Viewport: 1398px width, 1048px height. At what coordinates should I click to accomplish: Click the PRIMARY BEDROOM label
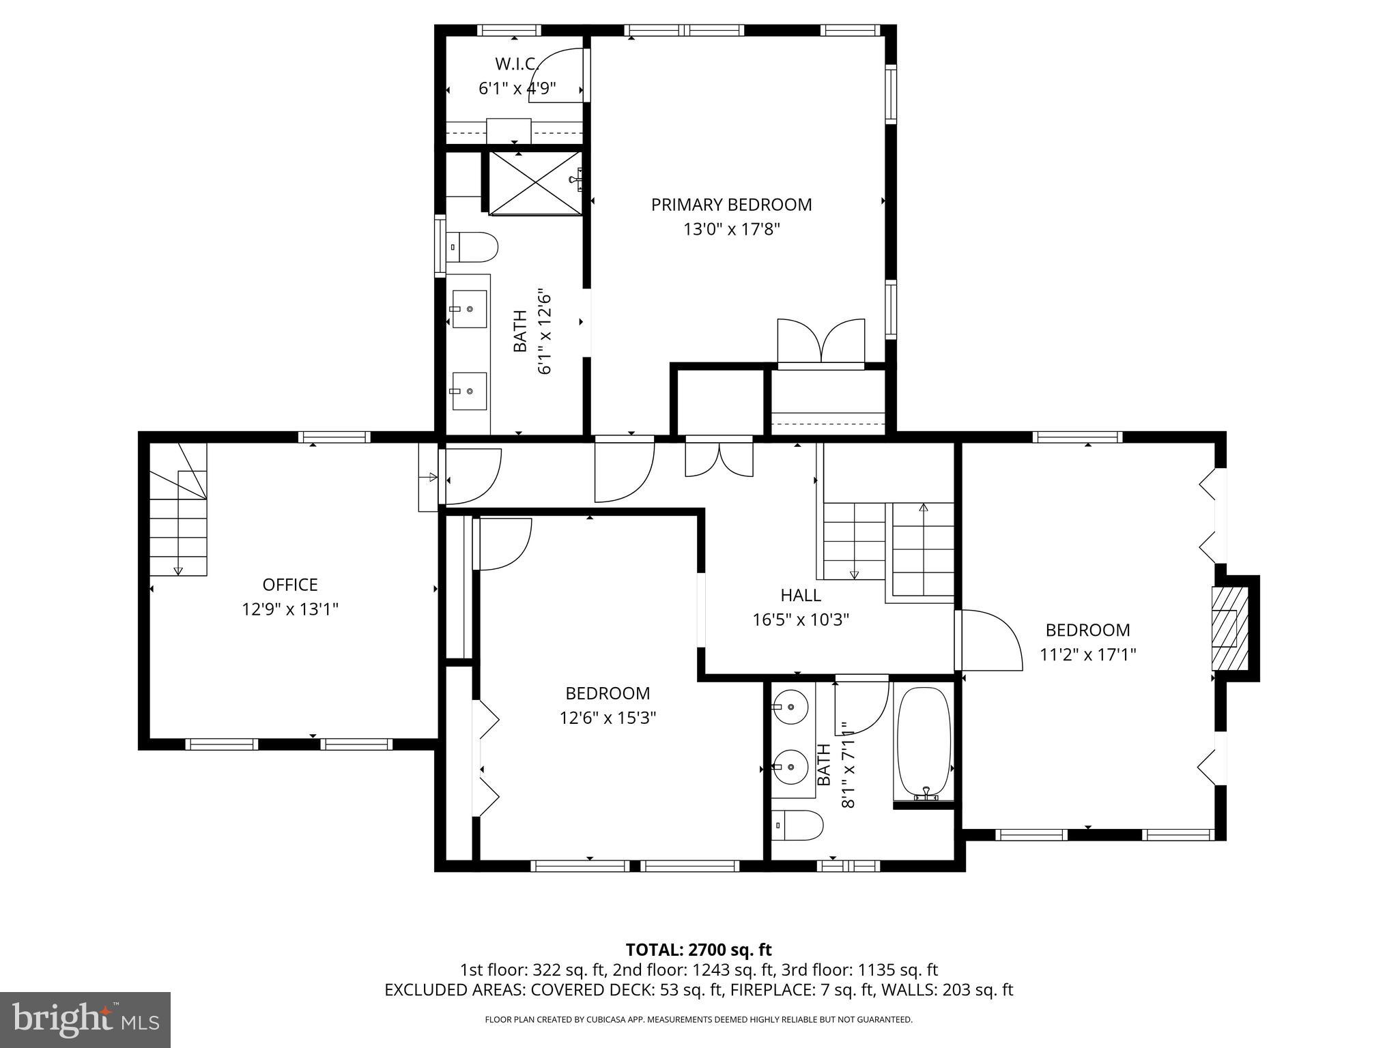(731, 205)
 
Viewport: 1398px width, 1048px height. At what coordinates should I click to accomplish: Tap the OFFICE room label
(290, 585)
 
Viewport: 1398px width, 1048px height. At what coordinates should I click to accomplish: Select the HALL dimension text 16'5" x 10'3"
(801, 620)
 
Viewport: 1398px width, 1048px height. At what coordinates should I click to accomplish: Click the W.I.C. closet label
(516, 64)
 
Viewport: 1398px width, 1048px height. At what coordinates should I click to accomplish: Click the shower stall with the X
(535, 182)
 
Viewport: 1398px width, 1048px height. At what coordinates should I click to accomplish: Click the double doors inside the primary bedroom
(821, 341)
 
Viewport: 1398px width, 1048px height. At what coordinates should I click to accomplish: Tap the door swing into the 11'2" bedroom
(990, 640)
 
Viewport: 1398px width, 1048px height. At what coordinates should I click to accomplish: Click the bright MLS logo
(85, 1019)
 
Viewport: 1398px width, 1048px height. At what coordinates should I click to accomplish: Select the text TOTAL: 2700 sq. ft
(698, 950)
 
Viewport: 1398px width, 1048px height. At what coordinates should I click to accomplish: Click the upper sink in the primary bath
(470, 309)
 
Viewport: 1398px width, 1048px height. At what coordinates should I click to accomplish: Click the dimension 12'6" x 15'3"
(608, 718)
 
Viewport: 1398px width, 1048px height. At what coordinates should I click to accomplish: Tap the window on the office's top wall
(334, 437)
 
